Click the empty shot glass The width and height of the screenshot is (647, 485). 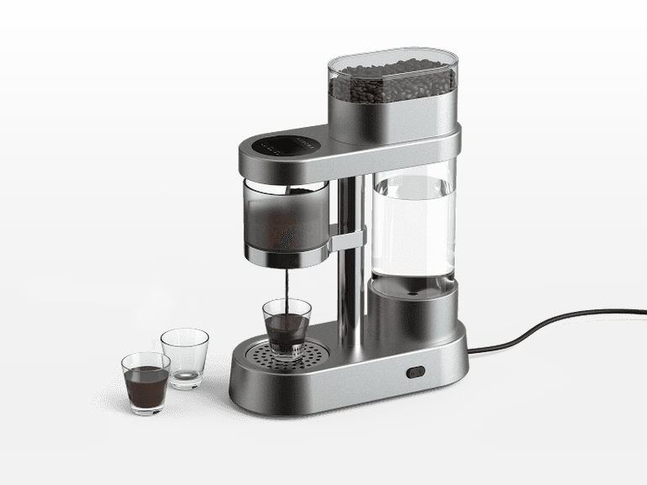(x=185, y=356)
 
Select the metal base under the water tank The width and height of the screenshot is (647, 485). (x=413, y=311)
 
